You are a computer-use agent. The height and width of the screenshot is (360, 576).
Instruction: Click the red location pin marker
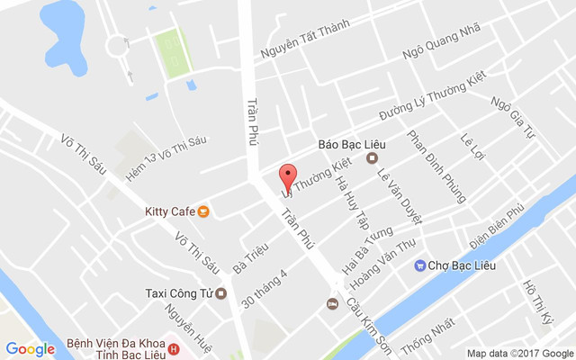tap(287, 176)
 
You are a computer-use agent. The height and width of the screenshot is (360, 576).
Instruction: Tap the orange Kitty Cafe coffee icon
tap(204, 212)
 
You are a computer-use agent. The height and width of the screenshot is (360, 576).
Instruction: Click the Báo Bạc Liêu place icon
tap(372, 159)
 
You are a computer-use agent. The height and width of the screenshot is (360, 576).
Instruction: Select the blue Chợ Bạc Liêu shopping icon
tap(419, 265)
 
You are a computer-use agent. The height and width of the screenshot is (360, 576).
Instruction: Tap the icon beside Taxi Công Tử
tap(221, 292)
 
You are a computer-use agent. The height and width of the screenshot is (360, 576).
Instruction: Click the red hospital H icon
tap(174, 349)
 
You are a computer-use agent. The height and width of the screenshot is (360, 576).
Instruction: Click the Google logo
tap(31, 349)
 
